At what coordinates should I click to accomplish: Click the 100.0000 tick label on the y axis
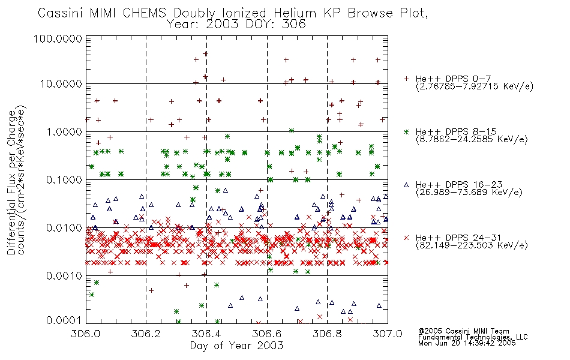coord(58,38)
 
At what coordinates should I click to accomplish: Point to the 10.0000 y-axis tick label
coord(61,84)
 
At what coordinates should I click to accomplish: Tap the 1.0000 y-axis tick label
coord(64,131)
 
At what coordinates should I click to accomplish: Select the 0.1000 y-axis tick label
coord(64,179)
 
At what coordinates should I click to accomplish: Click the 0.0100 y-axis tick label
coord(64,227)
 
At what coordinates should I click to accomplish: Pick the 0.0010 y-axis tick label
coord(64,275)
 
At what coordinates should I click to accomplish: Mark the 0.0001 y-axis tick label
coord(64,320)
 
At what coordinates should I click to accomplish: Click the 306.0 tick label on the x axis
coord(86,334)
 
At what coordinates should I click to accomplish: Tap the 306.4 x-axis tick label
coord(206,334)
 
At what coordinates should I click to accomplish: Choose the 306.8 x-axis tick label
coord(327,334)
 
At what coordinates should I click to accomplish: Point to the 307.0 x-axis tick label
coord(388,334)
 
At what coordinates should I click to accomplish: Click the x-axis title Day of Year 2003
coord(236,346)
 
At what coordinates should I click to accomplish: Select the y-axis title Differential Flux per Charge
coord(11,182)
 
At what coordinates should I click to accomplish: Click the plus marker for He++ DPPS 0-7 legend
coord(406,79)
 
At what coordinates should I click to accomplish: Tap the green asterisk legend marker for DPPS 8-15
coord(406,131)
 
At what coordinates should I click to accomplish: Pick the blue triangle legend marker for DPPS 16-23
coord(406,185)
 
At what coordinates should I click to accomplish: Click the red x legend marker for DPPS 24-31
coord(406,238)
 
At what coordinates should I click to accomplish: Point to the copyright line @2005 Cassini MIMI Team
coord(463,331)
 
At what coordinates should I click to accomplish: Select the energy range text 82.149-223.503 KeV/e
coord(472,245)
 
